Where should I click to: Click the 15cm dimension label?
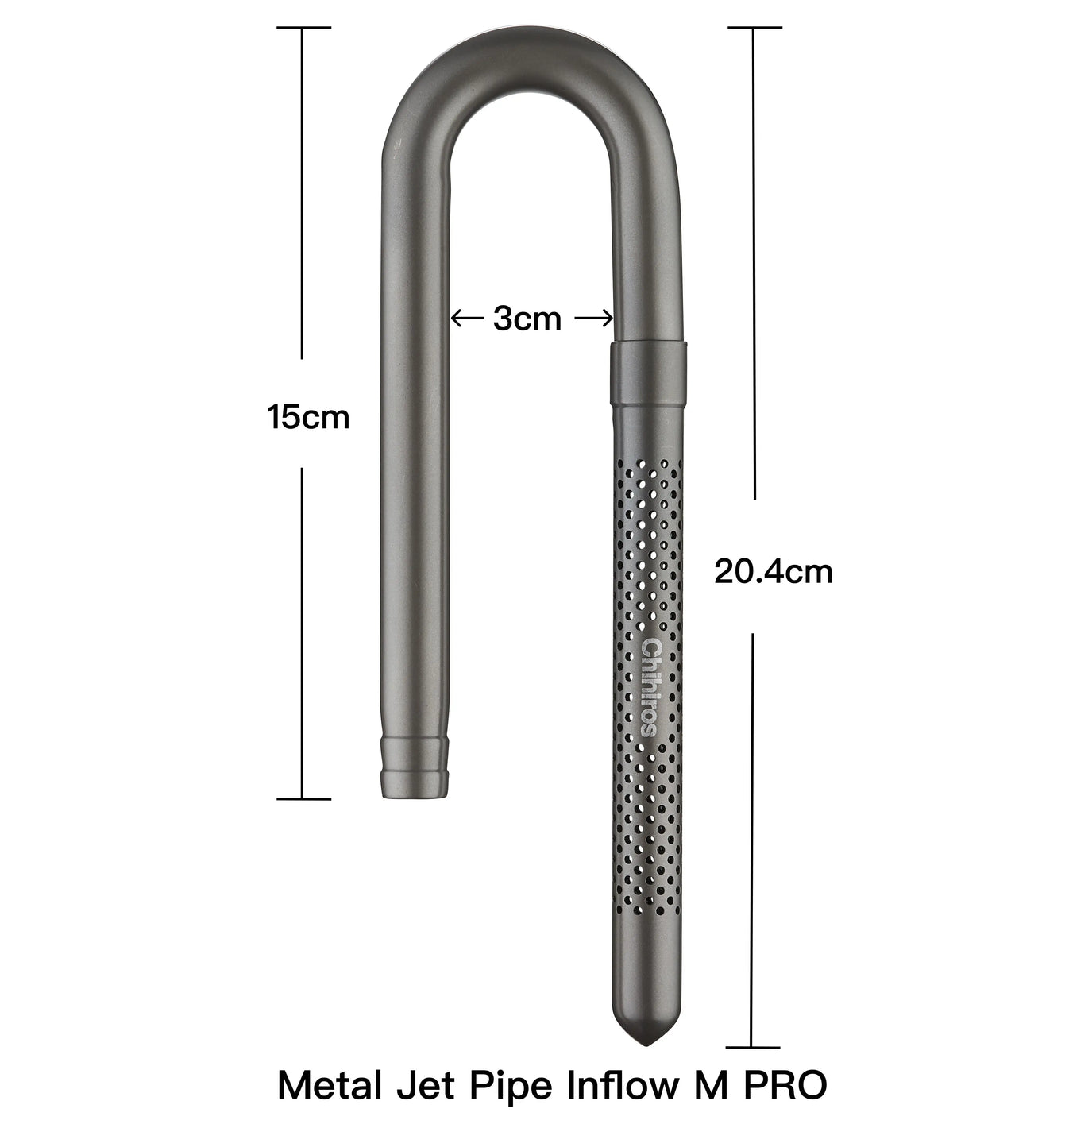tap(308, 417)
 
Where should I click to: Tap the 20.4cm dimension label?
tap(773, 571)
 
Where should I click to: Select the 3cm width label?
tap(527, 319)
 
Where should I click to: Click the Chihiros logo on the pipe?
tap(650, 687)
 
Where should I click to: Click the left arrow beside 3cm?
tap(467, 319)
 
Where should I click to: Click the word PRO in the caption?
tap(785, 1085)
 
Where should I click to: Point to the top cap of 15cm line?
tap(303, 27)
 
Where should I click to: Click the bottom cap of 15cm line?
tap(303, 798)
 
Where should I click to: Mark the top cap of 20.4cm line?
tap(754, 27)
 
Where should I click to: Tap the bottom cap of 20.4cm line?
tap(753, 1048)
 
